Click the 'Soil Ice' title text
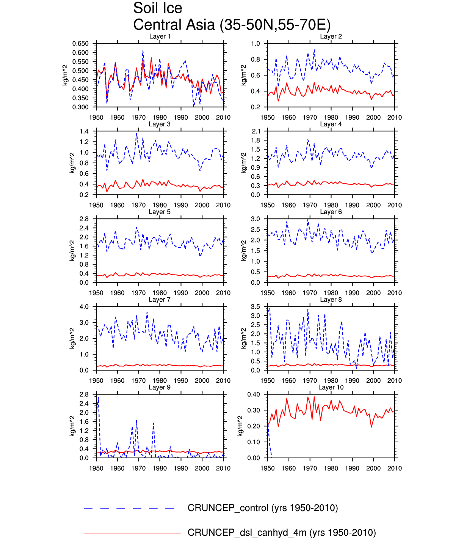pyautogui.click(x=158, y=8)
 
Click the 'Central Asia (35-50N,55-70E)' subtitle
pyautogui.click(x=232, y=25)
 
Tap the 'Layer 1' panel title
pyautogui.click(x=160, y=36)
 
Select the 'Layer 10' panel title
pyautogui.click(x=331, y=387)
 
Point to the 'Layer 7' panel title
pyautogui.click(x=160, y=300)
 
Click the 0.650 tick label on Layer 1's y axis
pyautogui.click(x=80, y=44)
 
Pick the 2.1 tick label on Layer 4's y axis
pyautogui.click(x=256, y=131)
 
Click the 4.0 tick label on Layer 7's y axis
pyautogui.click(x=84, y=307)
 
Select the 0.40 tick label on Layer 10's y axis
pyautogui.click(x=254, y=394)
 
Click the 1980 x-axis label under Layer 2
pyautogui.click(x=331, y=117)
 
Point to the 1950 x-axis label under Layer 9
pyautogui.click(x=96, y=468)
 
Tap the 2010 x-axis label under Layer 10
pyautogui.click(x=394, y=468)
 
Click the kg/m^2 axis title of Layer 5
pyautogui.click(x=72, y=251)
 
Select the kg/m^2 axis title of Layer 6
pyautogui.click(x=244, y=251)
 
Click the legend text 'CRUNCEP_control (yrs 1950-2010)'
pyautogui.click(x=263, y=508)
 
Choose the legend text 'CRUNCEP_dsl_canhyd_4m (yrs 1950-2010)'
pyautogui.click(x=282, y=532)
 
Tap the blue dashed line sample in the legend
pyautogui.click(x=129, y=508)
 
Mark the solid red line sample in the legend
pyautogui.click(x=132, y=533)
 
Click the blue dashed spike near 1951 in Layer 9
pyautogui.click(x=98, y=399)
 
